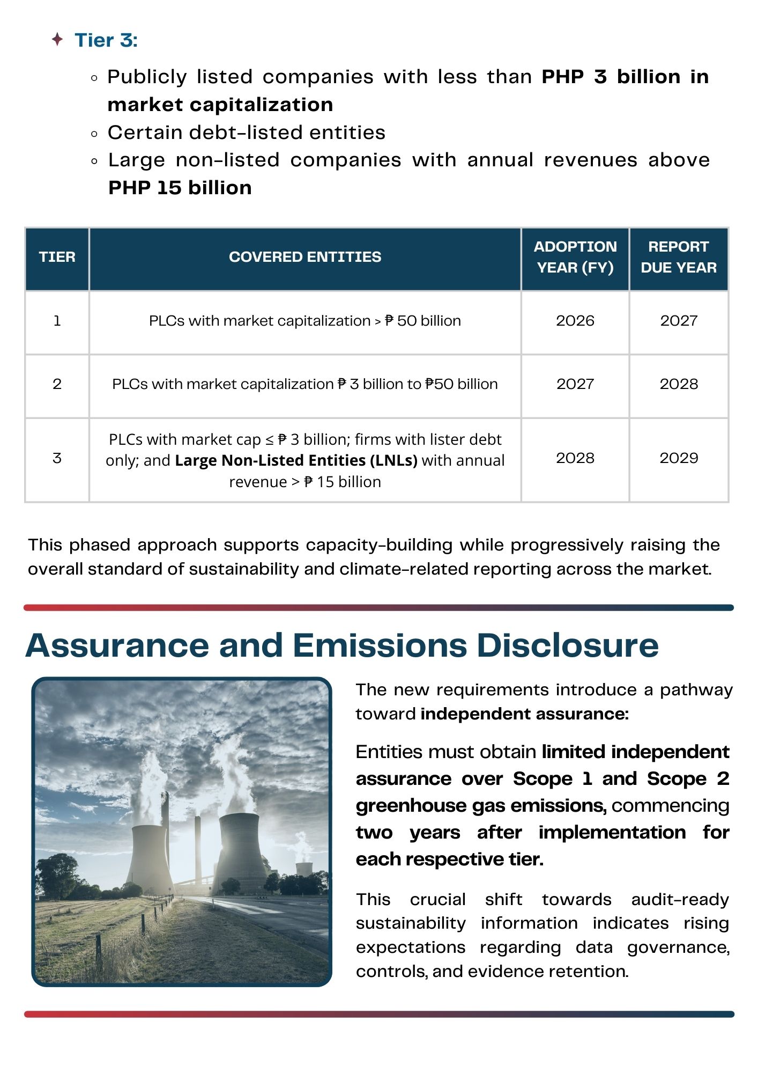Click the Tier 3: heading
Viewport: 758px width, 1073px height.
click(x=106, y=40)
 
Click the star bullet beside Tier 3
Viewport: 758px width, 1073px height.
click(x=57, y=39)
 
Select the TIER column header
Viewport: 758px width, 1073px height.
click(x=57, y=257)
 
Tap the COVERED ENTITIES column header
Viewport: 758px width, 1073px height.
click(x=305, y=257)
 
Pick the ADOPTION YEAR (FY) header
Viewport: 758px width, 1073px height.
click(x=575, y=257)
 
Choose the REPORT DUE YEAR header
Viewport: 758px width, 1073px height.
click(x=679, y=257)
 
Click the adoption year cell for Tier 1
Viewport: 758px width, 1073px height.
click(x=575, y=321)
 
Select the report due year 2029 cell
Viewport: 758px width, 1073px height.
click(x=679, y=458)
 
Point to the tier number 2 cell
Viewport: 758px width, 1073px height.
click(x=57, y=384)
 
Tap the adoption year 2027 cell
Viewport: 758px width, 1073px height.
click(x=575, y=384)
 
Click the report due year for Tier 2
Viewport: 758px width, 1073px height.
click(x=679, y=384)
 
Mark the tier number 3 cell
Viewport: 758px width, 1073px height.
click(x=57, y=458)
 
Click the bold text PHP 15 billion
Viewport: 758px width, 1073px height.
click(x=180, y=188)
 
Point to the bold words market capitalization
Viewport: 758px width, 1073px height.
click(x=220, y=105)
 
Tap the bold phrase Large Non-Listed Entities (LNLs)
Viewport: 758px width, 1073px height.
click(x=296, y=460)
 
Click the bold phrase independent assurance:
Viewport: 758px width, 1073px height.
click(x=524, y=714)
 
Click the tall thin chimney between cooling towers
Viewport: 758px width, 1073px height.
click(x=198, y=848)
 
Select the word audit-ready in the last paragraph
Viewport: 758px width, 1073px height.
click(x=680, y=899)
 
